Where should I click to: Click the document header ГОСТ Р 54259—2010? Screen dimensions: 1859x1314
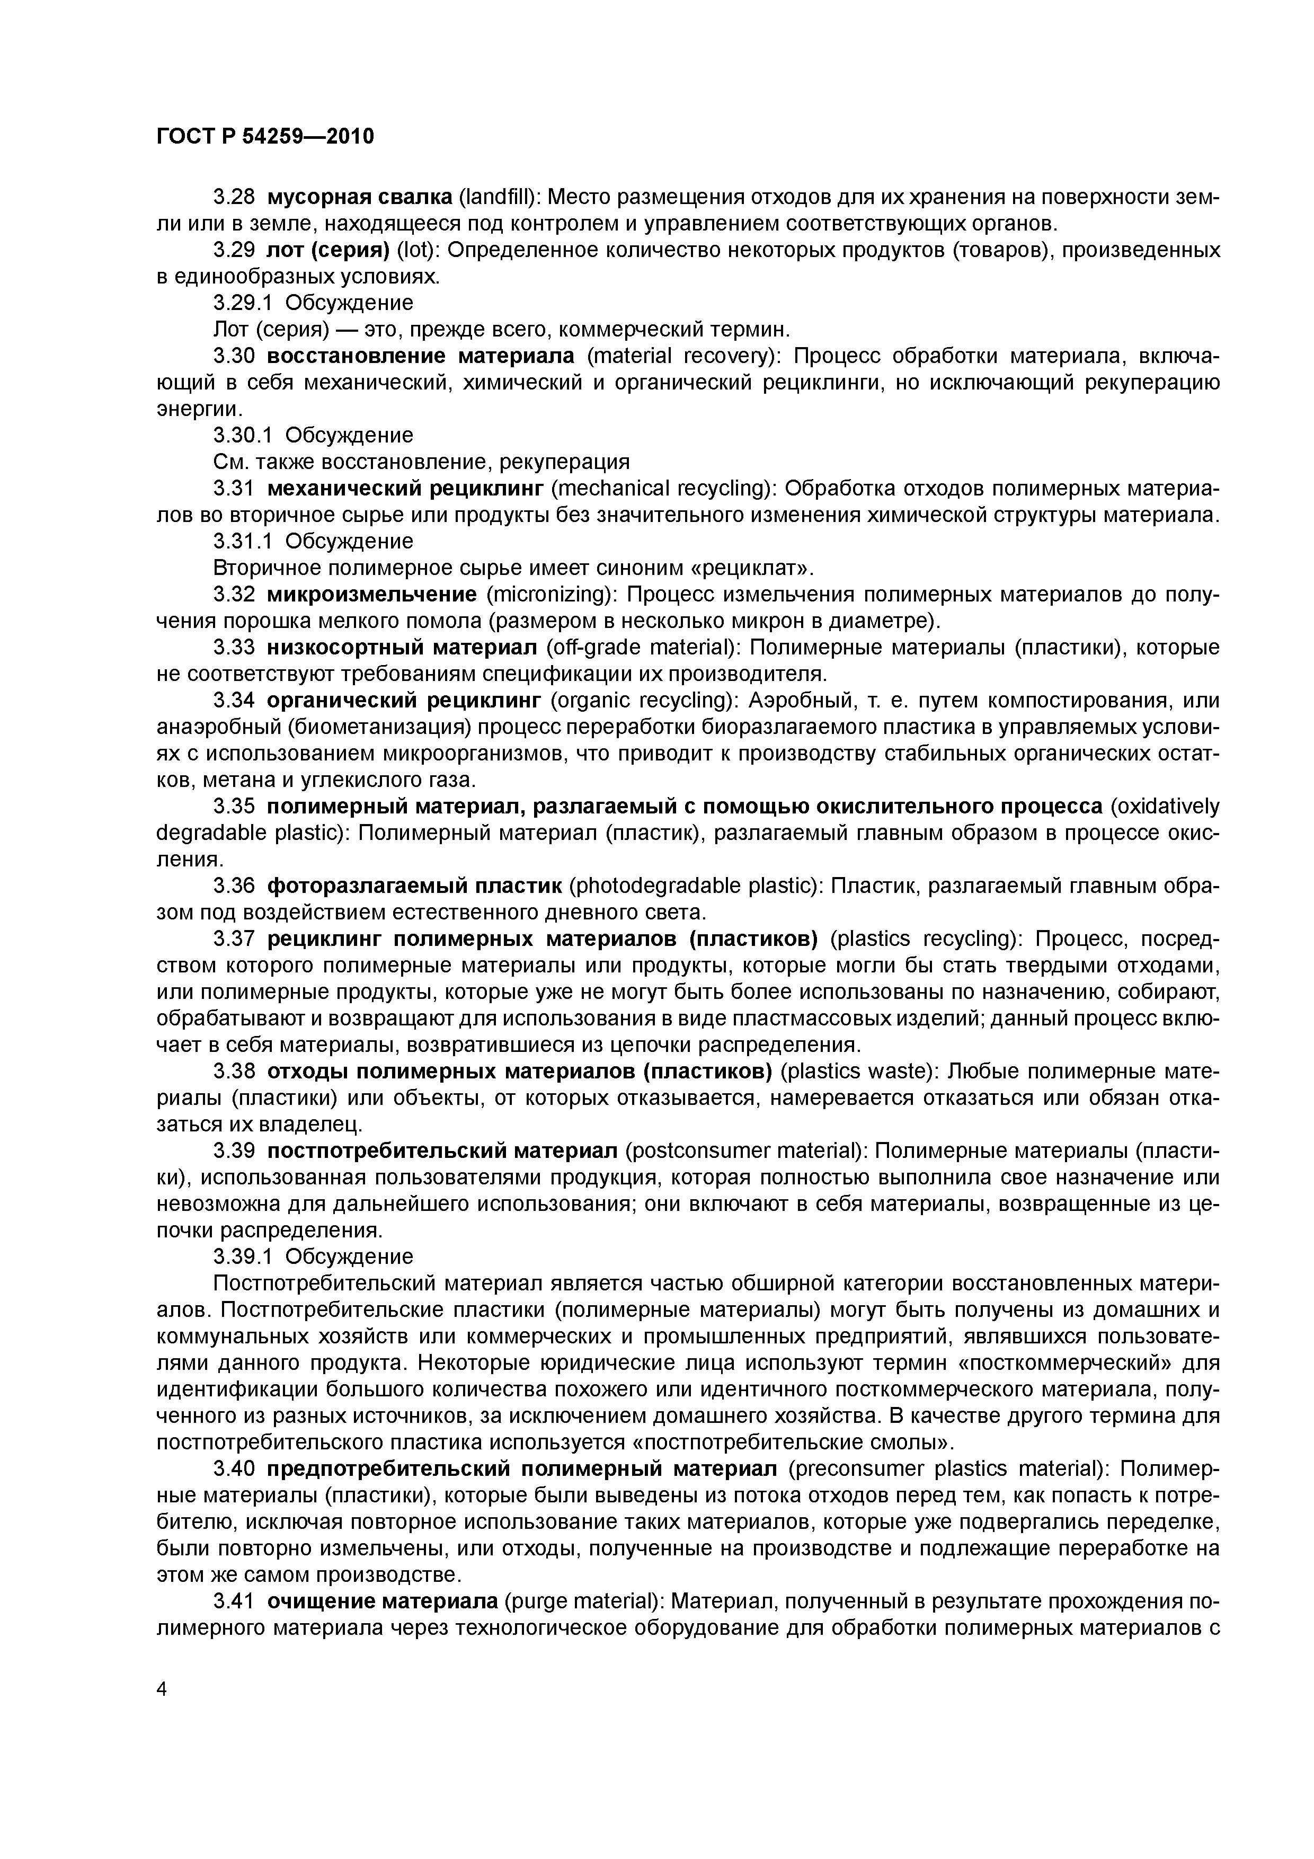pos(265,137)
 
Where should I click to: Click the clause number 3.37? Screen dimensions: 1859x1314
pos(234,939)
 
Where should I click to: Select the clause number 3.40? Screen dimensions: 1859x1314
pos(234,1469)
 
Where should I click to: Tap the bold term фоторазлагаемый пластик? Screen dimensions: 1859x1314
pos(414,886)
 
